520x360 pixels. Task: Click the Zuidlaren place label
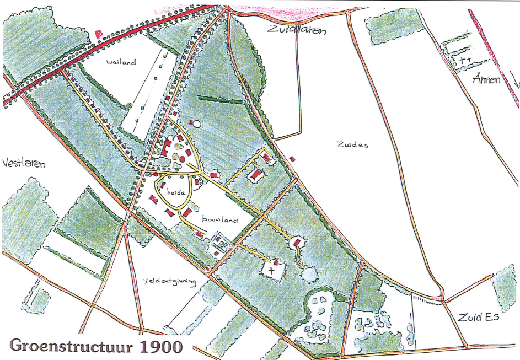[296, 30]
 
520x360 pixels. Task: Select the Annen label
[486, 79]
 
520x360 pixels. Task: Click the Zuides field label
[351, 144]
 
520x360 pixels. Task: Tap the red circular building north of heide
[183, 159]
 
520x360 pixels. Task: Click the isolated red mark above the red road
[99, 34]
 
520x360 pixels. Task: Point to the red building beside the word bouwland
[187, 212]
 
